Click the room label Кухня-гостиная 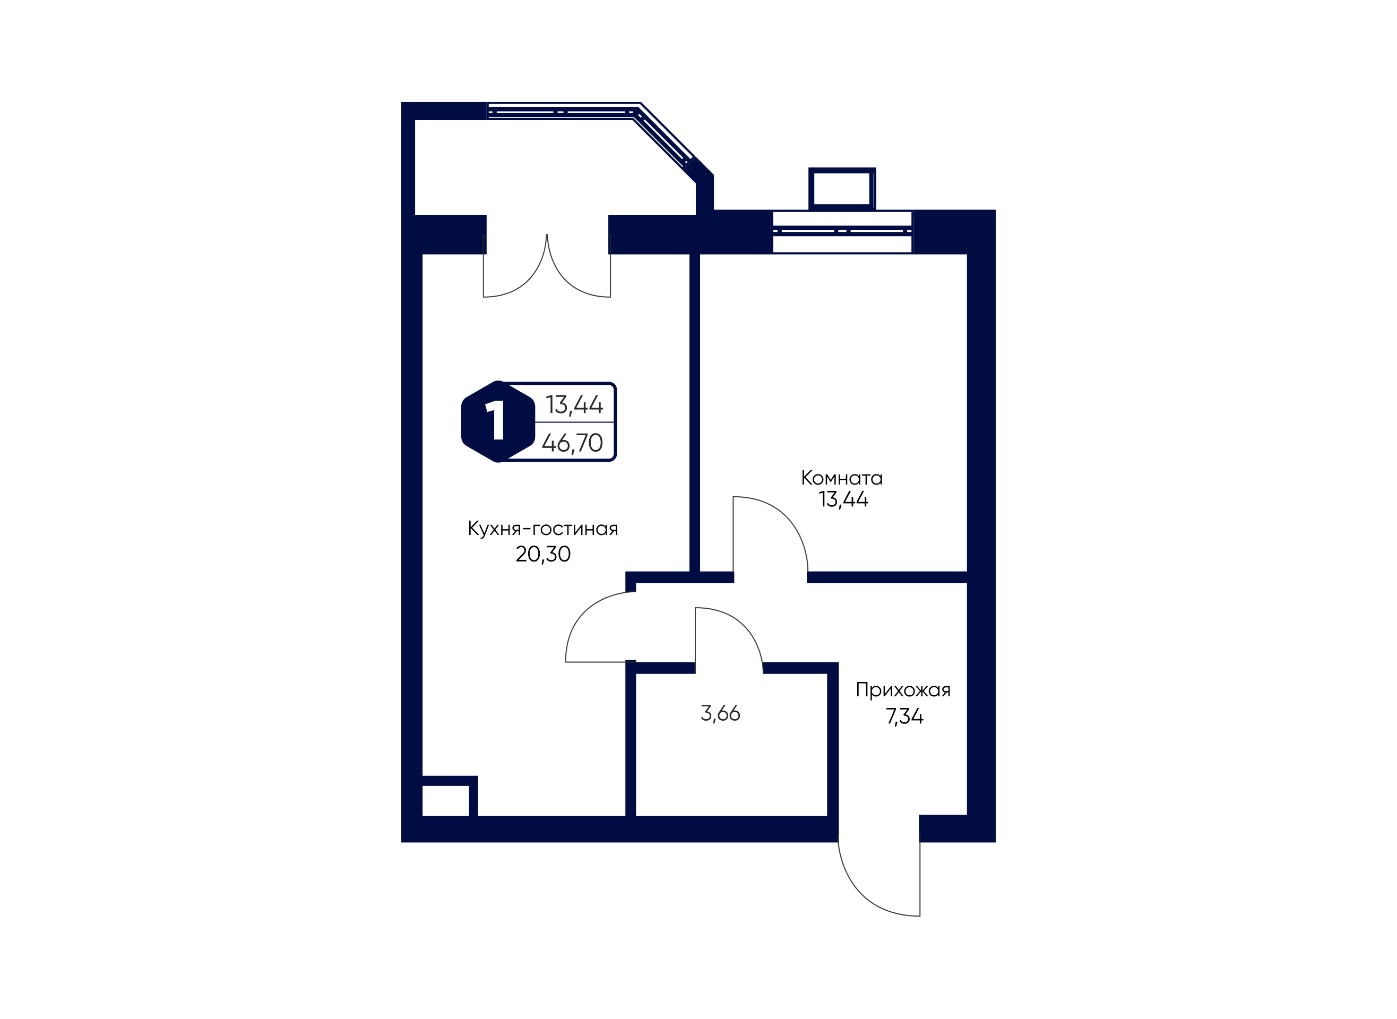pyautogui.click(x=543, y=529)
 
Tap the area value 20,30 pyautogui.click(x=543, y=554)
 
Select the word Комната pyautogui.click(x=842, y=478)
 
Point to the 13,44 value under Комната pyautogui.click(x=843, y=499)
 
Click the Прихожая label pyautogui.click(x=903, y=689)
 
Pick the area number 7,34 pyautogui.click(x=904, y=716)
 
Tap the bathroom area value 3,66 pyautogui.click(x=720, y=714)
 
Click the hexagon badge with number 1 pyautogui.click(x=498, y=421)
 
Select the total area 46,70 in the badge pyautogui.click(x=572, y=443)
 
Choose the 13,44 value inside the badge pyautogui.click(x=574, y=404)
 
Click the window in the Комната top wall pyautogui.click(x=842, y=231)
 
